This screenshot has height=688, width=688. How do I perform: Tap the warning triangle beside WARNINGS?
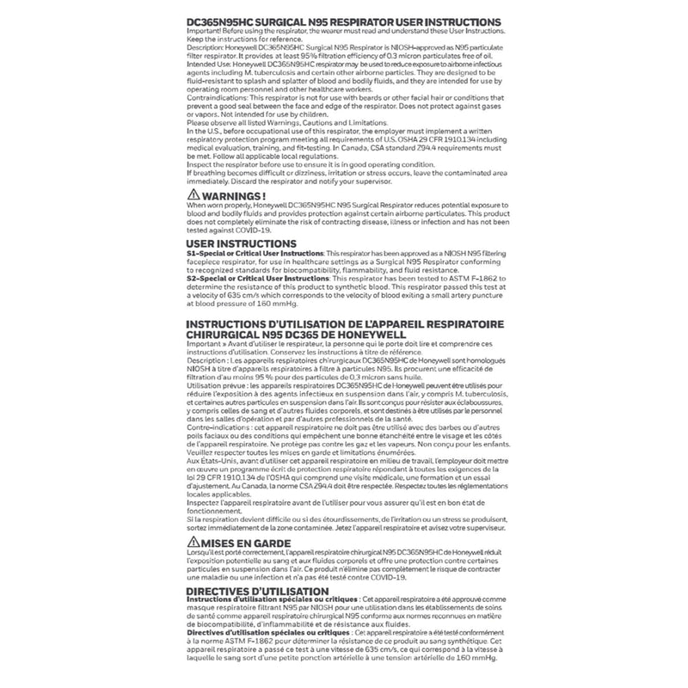tap(193, 197)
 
